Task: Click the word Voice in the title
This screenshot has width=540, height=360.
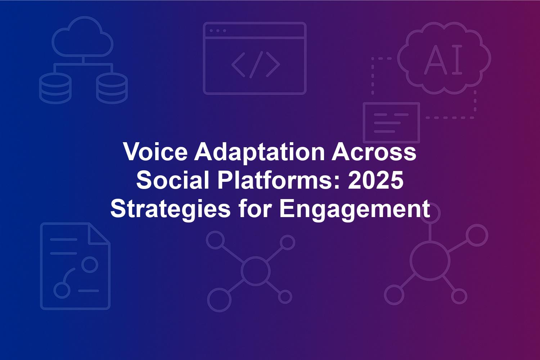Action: pos(156,152)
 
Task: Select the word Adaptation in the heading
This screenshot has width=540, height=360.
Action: pos(260,154)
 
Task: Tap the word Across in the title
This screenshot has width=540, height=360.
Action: pos(374,152)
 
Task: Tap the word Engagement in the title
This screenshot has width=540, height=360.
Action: pos(355,209)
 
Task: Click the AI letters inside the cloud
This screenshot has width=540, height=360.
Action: pos(443,59)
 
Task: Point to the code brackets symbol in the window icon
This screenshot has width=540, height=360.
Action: pos(256,65)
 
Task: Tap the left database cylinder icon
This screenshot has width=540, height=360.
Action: pos(55,88)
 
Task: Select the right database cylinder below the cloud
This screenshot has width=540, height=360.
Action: pos(112,88)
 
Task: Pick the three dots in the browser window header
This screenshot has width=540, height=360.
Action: pos(218,31)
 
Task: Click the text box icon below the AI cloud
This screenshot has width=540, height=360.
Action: pos(392,122)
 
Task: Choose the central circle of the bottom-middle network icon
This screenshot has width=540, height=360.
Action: pos(255,271)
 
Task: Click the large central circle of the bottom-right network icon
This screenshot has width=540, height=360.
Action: pos(430,262)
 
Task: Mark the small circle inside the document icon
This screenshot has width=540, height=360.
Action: pos(90,264)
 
